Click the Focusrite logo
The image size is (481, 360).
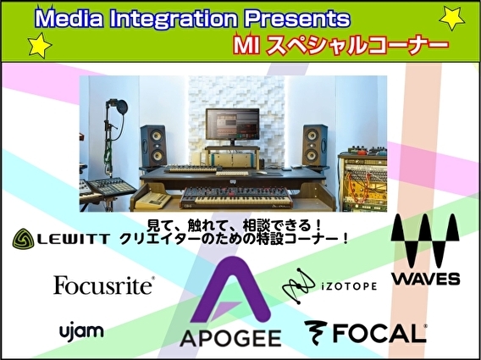coord(103,285)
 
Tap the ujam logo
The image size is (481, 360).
coord(81,330)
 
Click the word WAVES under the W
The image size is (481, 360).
coord(426,278)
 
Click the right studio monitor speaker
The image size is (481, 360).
coord(315,146)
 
